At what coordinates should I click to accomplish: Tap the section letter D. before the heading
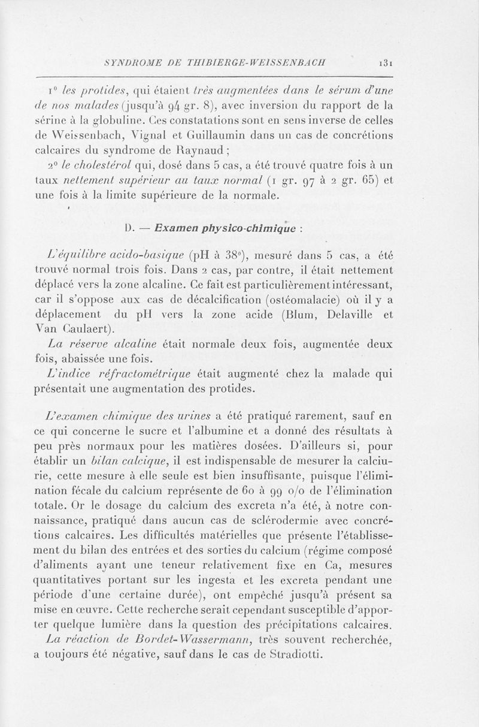pos(128,228)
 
